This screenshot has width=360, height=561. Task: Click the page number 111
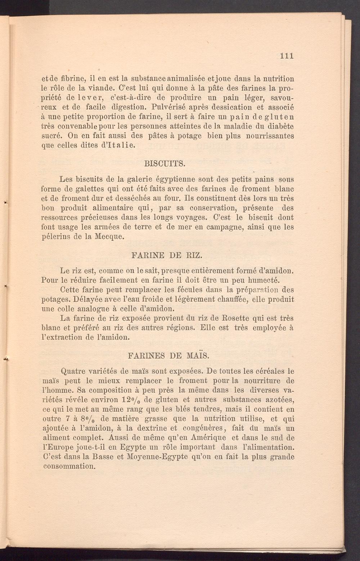pyautogui.click(x=287, y=56)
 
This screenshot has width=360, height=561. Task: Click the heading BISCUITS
pyautogui.click(x=165, y=164)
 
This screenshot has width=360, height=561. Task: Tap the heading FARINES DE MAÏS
pyautogui.click(x=168, y=356)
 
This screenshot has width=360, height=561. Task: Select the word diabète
pyautogui.click(x=280, y=126)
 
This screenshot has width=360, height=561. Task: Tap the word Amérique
pyautogui.click(x=206, y=438)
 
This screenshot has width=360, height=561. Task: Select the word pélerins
pyautogui.click(x=57, y=237)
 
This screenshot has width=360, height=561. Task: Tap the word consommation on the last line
pyautogui.click(x=69, y=467)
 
